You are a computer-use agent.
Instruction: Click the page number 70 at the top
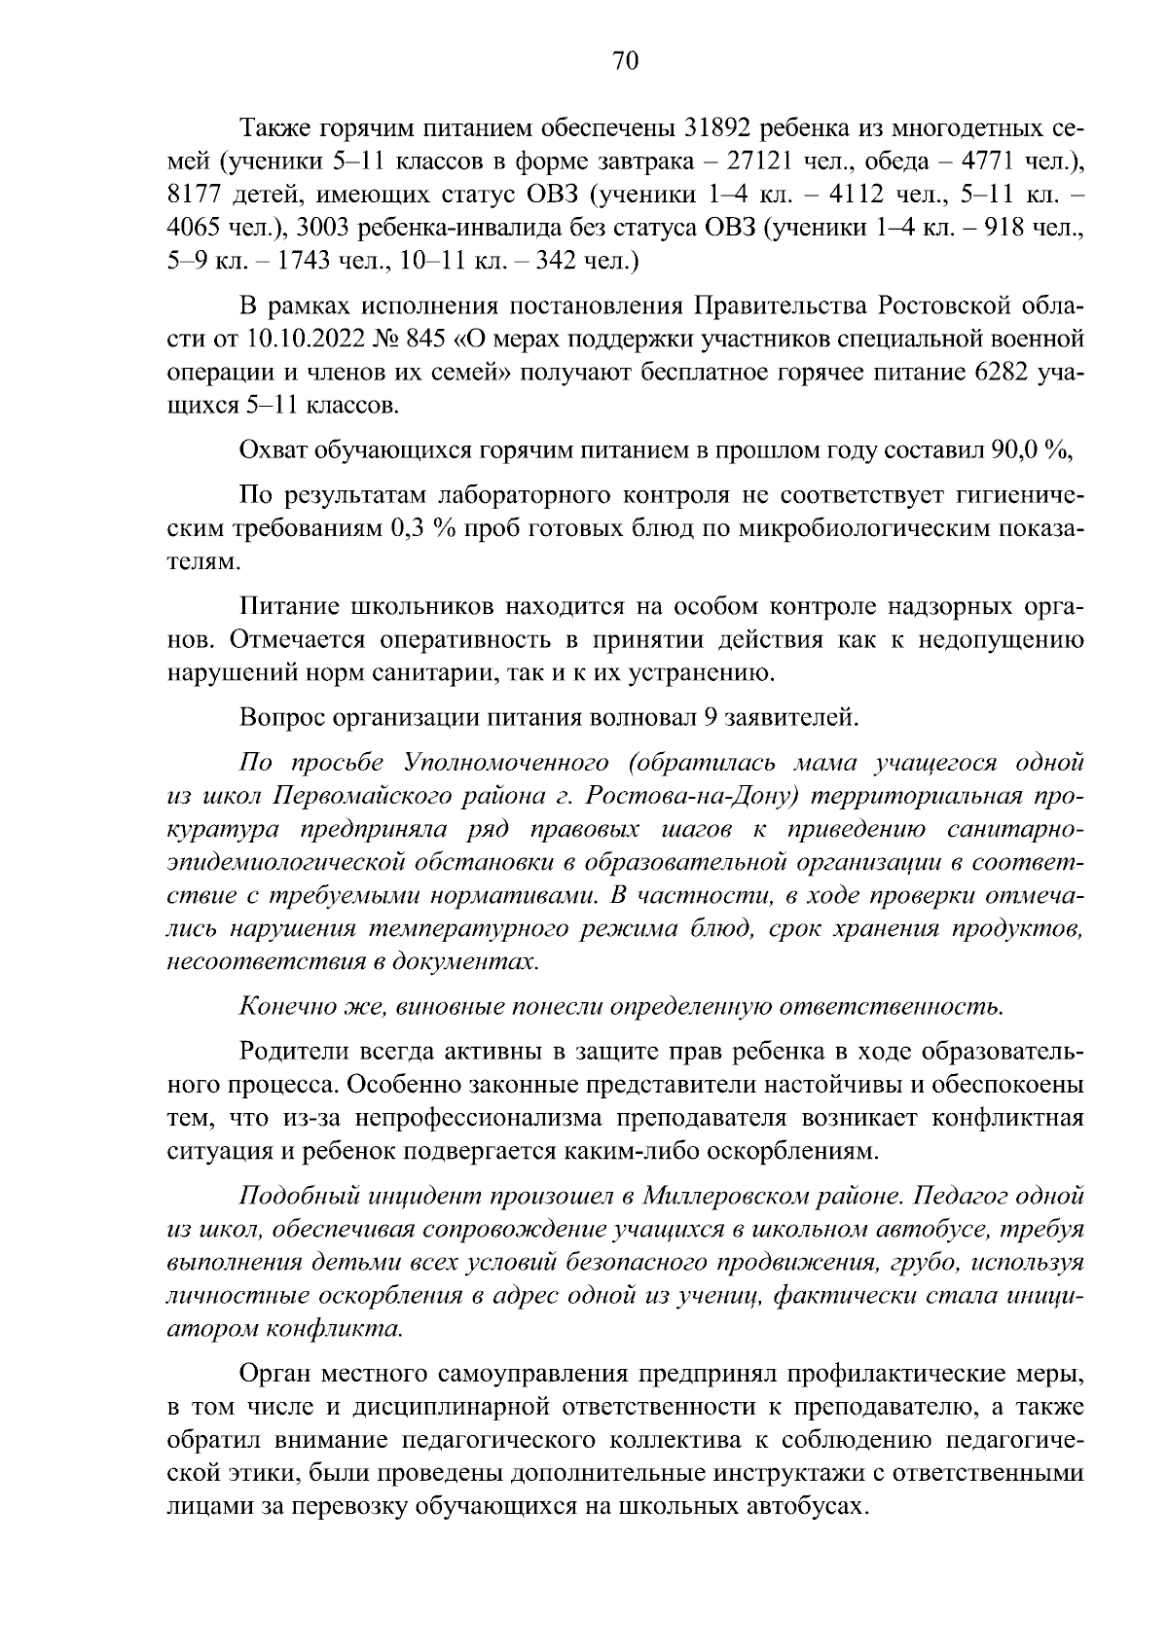pyautogui.click(x=626, y=61)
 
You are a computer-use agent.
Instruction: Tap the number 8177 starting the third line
pyautogui.click(x=197, y=195)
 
